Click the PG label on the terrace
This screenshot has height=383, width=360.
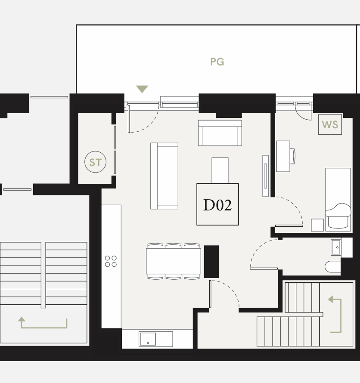pyautogui.click(x=217, y=62)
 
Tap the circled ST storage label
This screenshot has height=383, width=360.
pyautogui.click(x=95, y=162)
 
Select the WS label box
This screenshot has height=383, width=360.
pyautogui.click(x=330, y=124)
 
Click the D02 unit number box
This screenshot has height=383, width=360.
pyautogui.click(x=217, y=204)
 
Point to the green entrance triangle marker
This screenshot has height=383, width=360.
pyautogui.click(x=142, y=89)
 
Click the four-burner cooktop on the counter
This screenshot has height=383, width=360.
pyautogui.click(x=111, y=261)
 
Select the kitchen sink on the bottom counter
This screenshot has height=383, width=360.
pyautogui.click(x=147, y=339)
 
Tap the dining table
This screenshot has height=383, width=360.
pyautogui.click(x=173, y=261)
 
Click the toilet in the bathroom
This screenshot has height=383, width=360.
pyautogui.click(x=332, y=266)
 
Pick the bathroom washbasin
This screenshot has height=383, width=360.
pyautogui.click(x=336, y=247)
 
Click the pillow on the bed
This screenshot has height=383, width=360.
pyautogui.click(x=338, y=210)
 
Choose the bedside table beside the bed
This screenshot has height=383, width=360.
pyautogui.click(x=317, y=225)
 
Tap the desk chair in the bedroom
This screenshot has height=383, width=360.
pyautogui.click(x=293, y=156)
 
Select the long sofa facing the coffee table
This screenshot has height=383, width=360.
pyautogui.click(x=164, y=176)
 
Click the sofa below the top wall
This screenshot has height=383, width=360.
pyautogui.click(x=220, y=133)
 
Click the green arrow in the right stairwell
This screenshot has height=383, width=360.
pyautogui.click(x=337, y=315)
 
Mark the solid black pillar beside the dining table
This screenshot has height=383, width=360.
pyautogui.click(x=211, y=262)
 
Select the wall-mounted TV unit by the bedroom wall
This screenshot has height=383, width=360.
pyautogui.click(x=265, y=176)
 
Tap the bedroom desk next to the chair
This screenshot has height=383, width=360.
pyautogui.click(x=283, y=156)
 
